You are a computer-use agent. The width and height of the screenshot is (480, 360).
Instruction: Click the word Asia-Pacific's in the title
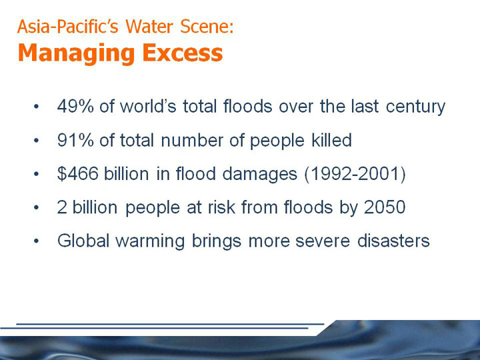coord(67,26)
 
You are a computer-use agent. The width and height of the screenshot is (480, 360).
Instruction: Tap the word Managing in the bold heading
coord(76,54)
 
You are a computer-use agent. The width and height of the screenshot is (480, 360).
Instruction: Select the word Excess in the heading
coord(183,53)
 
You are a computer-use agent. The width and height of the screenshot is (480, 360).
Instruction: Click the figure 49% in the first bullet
coord(75,106)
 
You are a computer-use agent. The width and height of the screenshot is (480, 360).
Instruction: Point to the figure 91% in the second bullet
coord(75,140)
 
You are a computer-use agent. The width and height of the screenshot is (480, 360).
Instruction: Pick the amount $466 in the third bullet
coord(78,173)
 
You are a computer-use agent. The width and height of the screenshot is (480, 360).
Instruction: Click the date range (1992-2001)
coord(355,174)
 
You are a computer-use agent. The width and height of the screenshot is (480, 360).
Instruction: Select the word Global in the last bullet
coord(83,241)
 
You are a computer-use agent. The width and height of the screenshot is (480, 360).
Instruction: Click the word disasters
coord(394,241)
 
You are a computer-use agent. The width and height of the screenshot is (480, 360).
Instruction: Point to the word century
coord(415,107)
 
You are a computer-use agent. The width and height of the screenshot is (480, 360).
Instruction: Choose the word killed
coord(331,140)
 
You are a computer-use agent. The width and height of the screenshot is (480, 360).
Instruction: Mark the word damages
coord(259,175)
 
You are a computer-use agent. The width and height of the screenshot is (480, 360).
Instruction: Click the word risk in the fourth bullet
coord(221,207)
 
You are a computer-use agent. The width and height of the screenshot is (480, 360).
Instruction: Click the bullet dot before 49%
coord(37,107)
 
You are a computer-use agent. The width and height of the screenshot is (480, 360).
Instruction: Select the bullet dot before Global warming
coord(37,241)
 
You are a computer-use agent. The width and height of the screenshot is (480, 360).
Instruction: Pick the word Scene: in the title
coord(207,26)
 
